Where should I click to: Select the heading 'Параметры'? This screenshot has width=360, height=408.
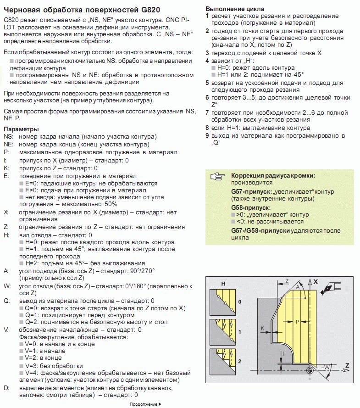click(x=21, y=130)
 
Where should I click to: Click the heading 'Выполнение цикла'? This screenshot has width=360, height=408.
click(x=234, y=9)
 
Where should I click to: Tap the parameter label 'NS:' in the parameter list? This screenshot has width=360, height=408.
click(x=9, y=137)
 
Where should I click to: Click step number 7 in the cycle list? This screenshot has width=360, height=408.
click(x=207, y=112)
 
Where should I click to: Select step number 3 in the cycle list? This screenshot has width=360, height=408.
click(x=207, y=53)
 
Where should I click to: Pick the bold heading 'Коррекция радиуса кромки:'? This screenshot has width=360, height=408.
click(x=273, y=176)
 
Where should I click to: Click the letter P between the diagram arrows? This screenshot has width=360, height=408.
click(x=297, y=322)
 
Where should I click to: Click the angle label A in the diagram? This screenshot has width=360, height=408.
click(x=299, y=286)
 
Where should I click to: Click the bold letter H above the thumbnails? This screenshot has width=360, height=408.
click(x=223, y=284)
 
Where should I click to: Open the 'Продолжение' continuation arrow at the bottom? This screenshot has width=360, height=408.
click(x=146, y=404)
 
